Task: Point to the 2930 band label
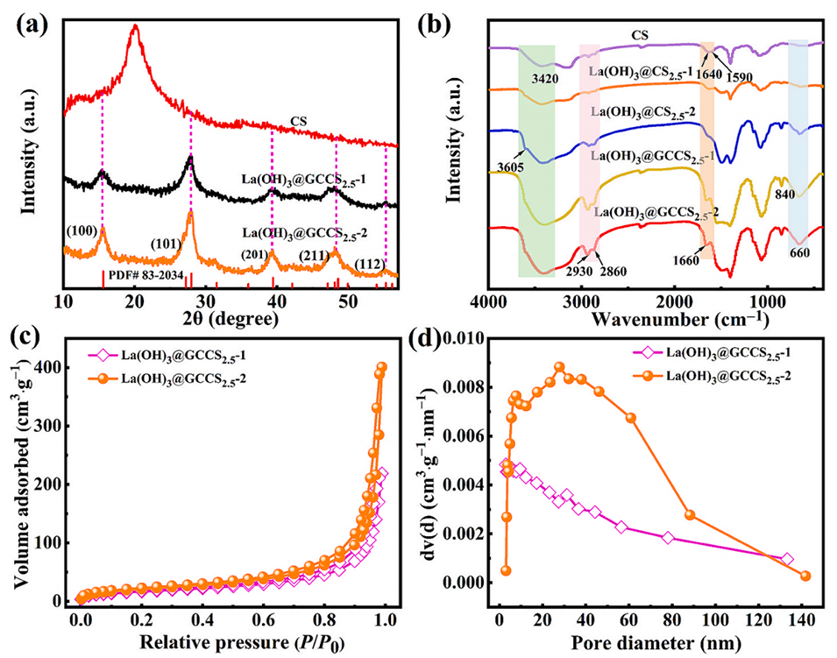(x=579, y=272)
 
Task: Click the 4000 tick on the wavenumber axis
(x=488, y=300)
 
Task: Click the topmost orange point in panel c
(x=381, y=367)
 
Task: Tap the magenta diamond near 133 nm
(x=786, y=559)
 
